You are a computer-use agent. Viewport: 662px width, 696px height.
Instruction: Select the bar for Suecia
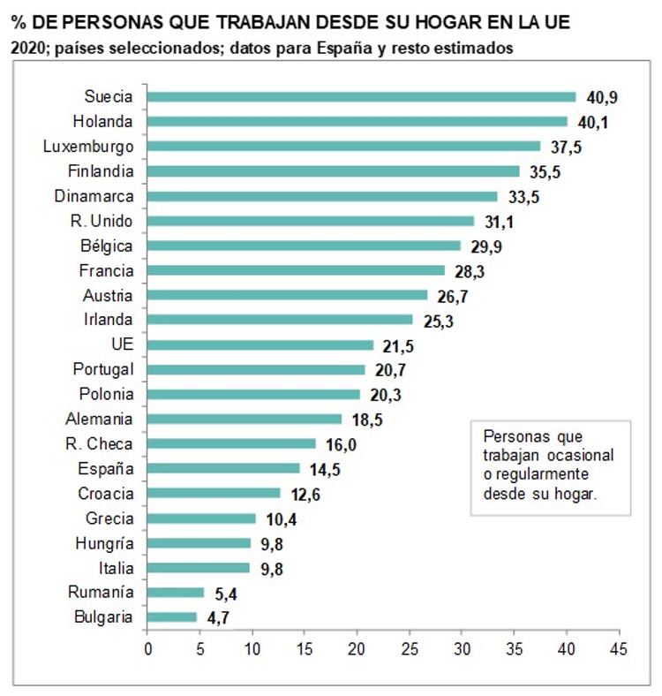pyautogui.click(x=361, y=97)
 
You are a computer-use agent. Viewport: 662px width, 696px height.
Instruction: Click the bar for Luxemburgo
pyautogui.click(x=343, y=147)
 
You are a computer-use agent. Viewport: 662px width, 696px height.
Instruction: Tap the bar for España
pyautogui.click(x=223, y=468)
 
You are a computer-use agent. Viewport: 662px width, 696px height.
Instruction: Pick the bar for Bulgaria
pyautogui.click(x=172, y=617)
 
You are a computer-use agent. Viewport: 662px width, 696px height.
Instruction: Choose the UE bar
pyautogui.click(x=260, y=344)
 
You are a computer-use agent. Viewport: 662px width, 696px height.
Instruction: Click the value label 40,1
pyautogui.click(x=591, y=122)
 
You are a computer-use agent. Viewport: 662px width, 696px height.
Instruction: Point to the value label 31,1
pyautogui.click(x=496, y=221)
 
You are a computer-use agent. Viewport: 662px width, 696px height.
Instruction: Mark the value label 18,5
pyautogui.click(x=365, y=420)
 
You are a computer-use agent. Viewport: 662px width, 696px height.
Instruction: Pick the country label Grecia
pyautogui.click(x=110, y=518)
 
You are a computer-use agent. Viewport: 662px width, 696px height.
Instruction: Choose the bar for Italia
pyautogui.click(x=199, y=568)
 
